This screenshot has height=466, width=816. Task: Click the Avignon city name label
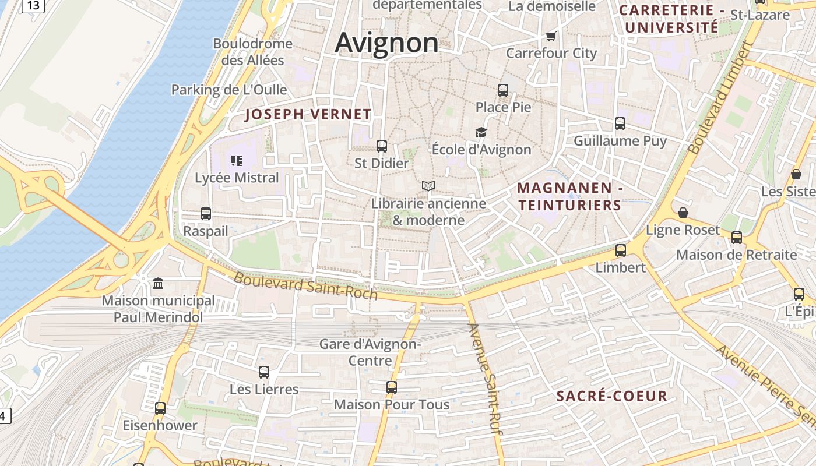coord(386,43)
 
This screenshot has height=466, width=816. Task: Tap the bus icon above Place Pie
coord(503,90)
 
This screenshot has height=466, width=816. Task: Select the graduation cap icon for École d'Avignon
coord(481,133)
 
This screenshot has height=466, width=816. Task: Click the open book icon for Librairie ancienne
coord(428,186)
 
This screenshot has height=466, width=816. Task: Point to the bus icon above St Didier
coord(382,146)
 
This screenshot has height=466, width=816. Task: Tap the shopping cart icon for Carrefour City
coord(551,37)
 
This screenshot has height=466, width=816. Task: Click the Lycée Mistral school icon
coord(237,160)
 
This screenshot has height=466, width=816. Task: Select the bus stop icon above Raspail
coord(206,214)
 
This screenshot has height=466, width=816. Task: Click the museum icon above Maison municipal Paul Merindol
coord(158,284)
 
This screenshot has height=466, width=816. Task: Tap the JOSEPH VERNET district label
coord(308,114)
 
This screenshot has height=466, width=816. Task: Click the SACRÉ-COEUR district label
coord(612,396)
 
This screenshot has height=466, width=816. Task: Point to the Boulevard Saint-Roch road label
coord(305,286)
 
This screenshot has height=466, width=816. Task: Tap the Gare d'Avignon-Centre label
coord(370,352)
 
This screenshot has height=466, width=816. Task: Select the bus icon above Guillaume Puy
coord(620,123)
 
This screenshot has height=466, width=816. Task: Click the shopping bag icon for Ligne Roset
coord(683,213)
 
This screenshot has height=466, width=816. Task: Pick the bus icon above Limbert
coord(621,250)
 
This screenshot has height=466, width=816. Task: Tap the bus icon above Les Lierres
coord(264,372)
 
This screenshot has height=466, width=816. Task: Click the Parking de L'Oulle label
coord(229,90)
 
